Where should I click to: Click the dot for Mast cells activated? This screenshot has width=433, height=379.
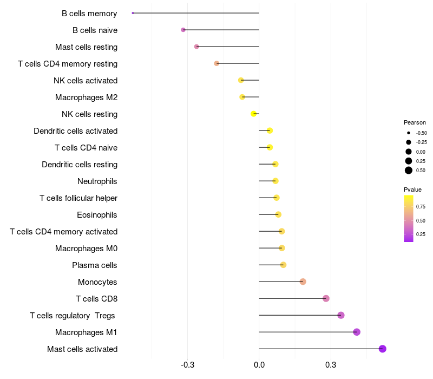tap(382, 349)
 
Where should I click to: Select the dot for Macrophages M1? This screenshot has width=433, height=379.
tap(357, 332)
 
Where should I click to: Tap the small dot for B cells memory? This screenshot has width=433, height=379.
tap(133, 13)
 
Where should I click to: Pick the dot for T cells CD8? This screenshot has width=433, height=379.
tap(326, 298)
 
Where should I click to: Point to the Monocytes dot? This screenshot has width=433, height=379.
tap(303, 282)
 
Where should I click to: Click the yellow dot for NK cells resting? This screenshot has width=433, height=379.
tap(253, 114)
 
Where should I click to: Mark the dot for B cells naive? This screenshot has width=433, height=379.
tap(183, 30)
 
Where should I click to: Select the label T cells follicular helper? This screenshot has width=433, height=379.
tap(78, 198)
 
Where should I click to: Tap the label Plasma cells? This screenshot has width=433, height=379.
tap(95, 265)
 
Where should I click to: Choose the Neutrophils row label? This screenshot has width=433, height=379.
tap(97, 181)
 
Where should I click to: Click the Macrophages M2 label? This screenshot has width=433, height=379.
tap(86, 97)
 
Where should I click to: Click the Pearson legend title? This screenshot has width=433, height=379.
tap(415, 122)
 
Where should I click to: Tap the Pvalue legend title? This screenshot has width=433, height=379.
tap(412, 190)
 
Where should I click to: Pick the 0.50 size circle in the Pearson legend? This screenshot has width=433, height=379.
tap(409, 171)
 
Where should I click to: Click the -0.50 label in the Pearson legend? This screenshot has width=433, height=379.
tap(421, 133)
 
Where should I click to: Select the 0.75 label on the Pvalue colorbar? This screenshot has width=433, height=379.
tap(421, 207)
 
